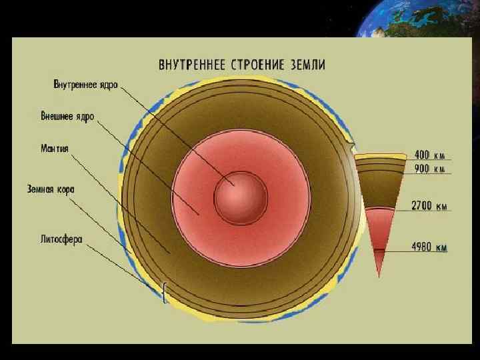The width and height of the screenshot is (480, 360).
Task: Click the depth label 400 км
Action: tap(430, 155)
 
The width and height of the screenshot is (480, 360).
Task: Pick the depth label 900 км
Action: tap(431, 169)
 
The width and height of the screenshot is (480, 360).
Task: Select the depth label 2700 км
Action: tap(429, 206)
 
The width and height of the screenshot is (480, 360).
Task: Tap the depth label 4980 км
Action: tap(429, 247)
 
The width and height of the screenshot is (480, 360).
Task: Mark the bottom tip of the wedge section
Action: tap(379, 275)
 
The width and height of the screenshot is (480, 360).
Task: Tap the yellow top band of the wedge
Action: tap(379, 158)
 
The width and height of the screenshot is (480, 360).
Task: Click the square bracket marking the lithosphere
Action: tap(165, 292)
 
